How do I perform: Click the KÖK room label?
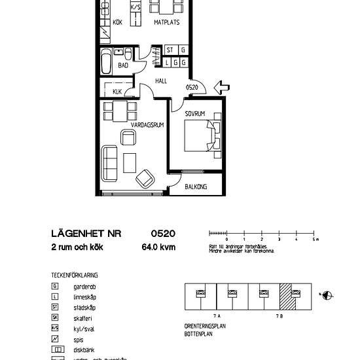coord(118,23)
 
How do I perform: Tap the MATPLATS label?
coord(167,23)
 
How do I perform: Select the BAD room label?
coord(123,65)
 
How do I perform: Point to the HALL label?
coord(161,81)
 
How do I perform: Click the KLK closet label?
coord(117,92)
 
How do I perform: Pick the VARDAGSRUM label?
coord(128,124)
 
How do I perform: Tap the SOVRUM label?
coord(195,114)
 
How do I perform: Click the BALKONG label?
coord(196,187)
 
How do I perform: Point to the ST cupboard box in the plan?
coord(170,50)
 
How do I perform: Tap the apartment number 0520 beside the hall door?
coord(192,87)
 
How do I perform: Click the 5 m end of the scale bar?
coord(315,233)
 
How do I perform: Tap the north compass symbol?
coord(328,295)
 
